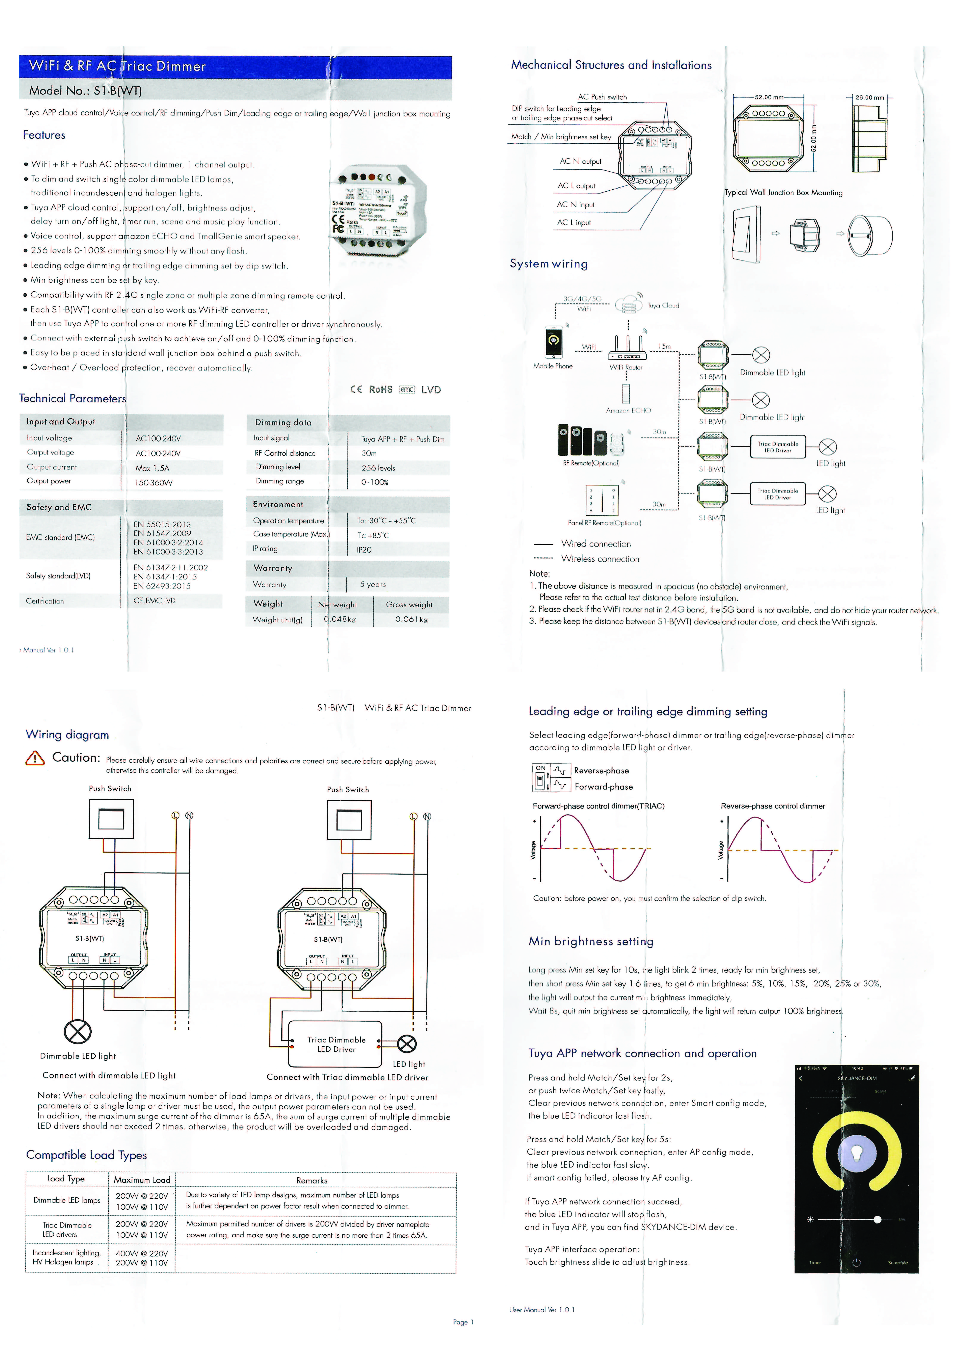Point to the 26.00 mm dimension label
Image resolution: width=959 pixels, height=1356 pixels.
click(870, 98)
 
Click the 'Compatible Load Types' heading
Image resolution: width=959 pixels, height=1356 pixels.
click(86, 1155)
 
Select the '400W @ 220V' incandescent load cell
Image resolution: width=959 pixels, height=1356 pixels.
click(142, 1253)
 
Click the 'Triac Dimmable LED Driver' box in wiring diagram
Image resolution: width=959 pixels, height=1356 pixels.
click(336, 1044)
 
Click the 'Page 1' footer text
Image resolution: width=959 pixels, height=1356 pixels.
click(463, 1322)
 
